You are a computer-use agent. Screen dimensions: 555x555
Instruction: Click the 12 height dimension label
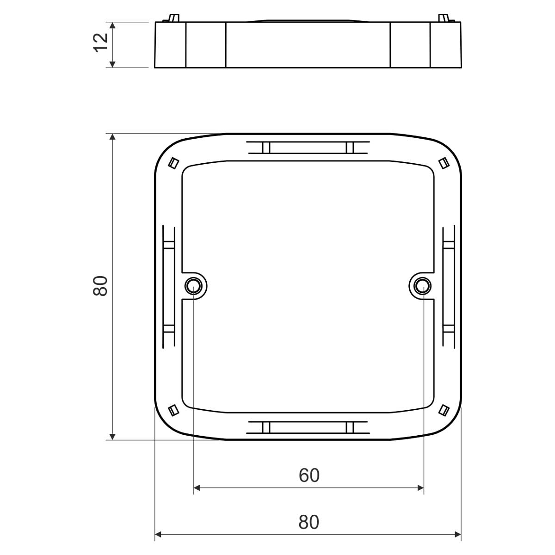101,43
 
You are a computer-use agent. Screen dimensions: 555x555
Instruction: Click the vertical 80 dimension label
100,286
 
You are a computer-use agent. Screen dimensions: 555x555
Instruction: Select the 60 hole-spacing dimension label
309,475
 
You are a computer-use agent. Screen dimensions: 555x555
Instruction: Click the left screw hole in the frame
193,286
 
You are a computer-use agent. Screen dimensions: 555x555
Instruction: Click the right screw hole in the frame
423,286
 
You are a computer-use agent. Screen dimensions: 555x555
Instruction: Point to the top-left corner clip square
173,163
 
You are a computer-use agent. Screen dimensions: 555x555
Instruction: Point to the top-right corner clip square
444,163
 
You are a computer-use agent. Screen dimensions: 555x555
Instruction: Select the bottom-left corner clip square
173,410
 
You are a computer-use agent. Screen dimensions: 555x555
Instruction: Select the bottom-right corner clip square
444,410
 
